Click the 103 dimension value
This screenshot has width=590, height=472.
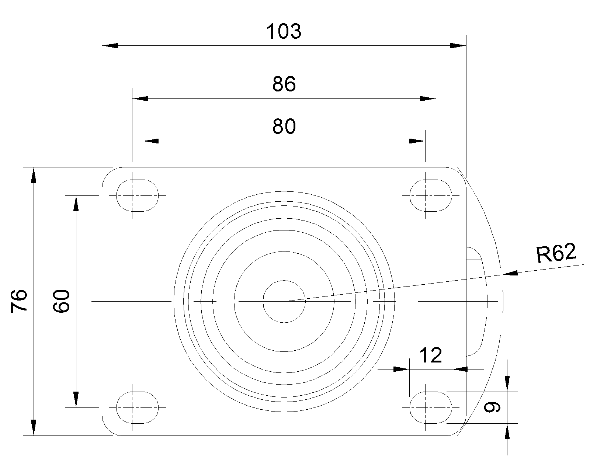pyautogui.click(x=284, y=31)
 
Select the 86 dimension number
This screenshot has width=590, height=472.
pyautogui.click(x=284, y=84)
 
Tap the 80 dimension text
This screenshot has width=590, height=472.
pyautogui.click(x=284, y=126)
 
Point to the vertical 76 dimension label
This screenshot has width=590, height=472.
pyautogui.click(x=19, y=301)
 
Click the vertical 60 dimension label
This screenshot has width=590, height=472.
pyautogui.click(x=61, y=301)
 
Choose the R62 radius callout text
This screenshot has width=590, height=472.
pyautogui.click(x=556, y=253)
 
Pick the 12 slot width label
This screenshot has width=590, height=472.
pyautogui.click(x=431, y=355)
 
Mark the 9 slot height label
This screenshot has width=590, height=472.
pyautogui.click(x=492, y=407)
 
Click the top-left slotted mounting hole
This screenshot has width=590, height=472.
pyautogui.click(x=137, y=195)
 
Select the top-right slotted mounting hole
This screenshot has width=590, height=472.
pyautogui.click(x=431, y=195)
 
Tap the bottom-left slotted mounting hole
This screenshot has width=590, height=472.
pyautogui.click(x=137, y=407)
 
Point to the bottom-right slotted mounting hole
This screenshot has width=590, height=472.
pyautogui.click(x=431, y=407)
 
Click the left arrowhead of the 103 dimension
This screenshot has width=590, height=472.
pyautogui.click(x=110, y=45)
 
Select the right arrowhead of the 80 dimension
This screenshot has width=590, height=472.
pyautogui.click(x=417, y=141)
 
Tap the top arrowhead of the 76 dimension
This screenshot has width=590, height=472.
pyautogui.click(x=34, y=175)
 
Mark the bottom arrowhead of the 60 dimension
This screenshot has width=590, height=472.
pyautogui.click(x=76, y=400)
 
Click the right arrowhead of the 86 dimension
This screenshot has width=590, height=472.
pyautogui.click(x=428, y=98)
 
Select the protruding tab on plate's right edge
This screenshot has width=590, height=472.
pyautogui.click(x=477, y=301)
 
